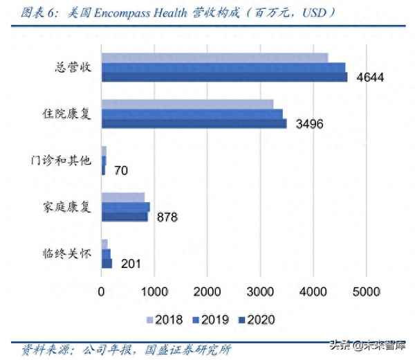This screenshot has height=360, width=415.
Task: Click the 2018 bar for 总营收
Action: tap(214, 57)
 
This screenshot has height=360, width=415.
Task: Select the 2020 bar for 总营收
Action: tap(224, 77)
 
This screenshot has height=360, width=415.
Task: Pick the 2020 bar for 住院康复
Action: tap(194, 123)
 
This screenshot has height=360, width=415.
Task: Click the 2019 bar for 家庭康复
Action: tap(125, 207)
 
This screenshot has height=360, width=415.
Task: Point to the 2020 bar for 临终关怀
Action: tap(107, 263)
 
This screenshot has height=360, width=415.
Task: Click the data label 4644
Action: tap(369, 77)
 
